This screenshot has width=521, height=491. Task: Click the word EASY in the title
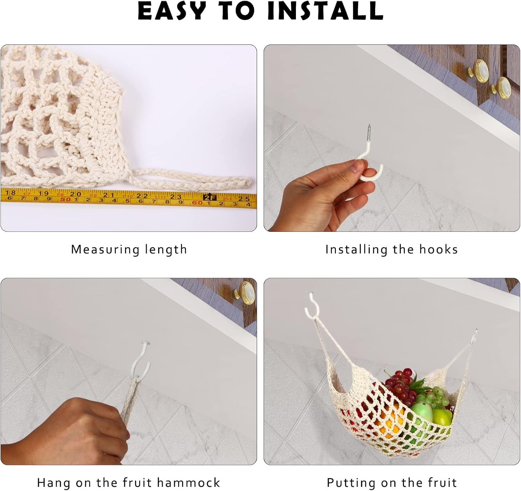tap(172, 11)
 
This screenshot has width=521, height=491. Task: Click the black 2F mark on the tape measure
tap(210, 197)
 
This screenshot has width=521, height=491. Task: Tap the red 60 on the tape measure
tap(197, 203)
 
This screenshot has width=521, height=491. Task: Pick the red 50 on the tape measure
tap(65, 199)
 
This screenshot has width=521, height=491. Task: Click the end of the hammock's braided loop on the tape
tap(247, 181)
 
